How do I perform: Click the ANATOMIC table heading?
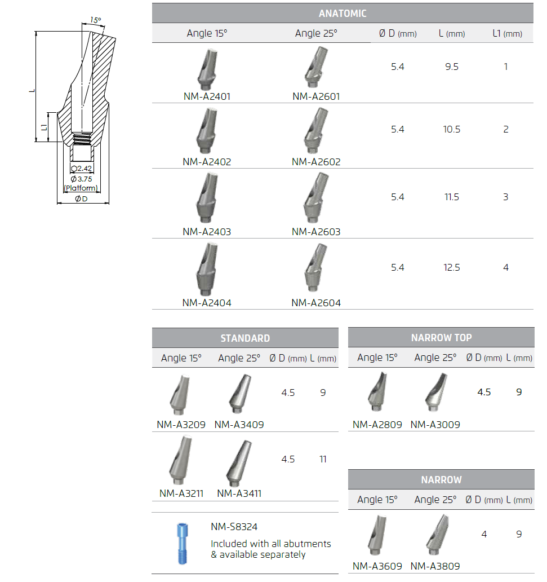point(343,14)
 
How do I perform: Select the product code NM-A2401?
point(207,96)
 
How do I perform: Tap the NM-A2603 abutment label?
point(316,232)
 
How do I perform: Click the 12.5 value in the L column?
point(452,268)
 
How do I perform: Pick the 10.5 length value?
point(452,130)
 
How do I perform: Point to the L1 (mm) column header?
point(507,33)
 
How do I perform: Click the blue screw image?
point(182,544)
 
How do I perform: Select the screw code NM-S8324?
point(234,527)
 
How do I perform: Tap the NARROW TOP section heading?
point(441,338)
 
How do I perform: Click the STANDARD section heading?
point(245,338)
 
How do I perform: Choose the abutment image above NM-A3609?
point(377,535)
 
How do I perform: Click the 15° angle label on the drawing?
point(96,20)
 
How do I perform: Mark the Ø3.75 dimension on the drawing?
point(81,179)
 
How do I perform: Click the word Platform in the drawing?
point(81,188)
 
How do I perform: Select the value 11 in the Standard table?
point(323,460)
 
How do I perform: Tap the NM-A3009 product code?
point(435,425)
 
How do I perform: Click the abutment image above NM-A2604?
point(316,268)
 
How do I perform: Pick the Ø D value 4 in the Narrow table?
point(484,535)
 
